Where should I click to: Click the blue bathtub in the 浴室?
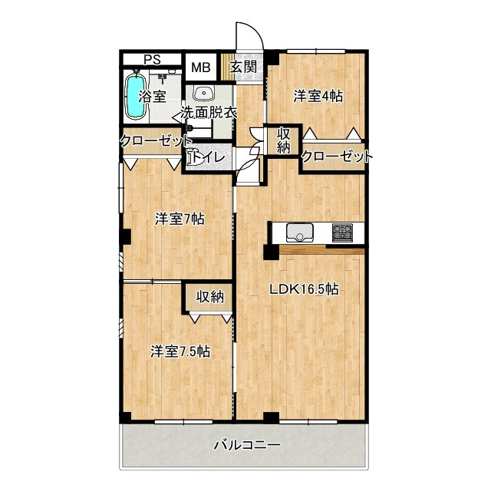point(136,97)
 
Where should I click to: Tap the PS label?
point(152,60)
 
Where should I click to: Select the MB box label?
point(201,68)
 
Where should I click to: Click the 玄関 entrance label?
point(244,67)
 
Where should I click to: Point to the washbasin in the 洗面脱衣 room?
point(205,93)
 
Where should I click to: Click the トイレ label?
point(208,157)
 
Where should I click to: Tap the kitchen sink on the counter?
point(300,233)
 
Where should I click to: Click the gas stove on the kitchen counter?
point(343,232)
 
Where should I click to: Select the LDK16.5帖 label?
point(304,289)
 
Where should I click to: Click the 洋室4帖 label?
point(318,96)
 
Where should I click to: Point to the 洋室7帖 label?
point(180,219)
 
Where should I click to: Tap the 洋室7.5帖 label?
point(180,351)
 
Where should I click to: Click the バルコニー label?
point(247,445)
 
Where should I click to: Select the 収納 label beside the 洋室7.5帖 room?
point(209,297)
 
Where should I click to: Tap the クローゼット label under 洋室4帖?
point(337,156)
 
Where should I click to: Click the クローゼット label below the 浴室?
point(155,141)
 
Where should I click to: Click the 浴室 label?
point(152,97)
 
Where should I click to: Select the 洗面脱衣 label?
point(209,113)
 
